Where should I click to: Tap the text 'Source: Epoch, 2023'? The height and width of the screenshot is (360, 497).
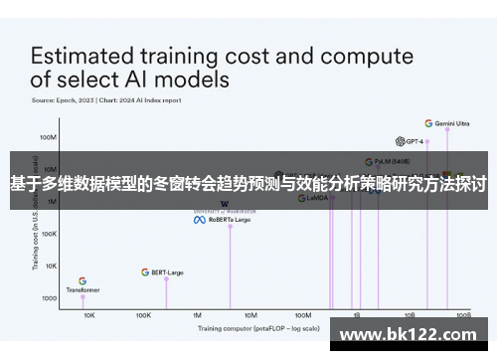click(62, 100)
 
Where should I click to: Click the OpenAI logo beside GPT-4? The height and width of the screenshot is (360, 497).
click(398, 141)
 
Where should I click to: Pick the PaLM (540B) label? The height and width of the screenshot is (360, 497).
click(387, 160)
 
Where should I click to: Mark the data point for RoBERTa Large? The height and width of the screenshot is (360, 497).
click(231, 226)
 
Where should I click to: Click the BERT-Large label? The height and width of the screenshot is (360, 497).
click(168, 271)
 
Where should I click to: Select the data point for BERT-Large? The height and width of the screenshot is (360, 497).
click(166, 278)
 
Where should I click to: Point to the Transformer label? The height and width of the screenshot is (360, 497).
click(83, 290)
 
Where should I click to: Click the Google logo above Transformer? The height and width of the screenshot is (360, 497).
click(83, 281)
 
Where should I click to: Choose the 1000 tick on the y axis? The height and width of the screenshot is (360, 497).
click(48, 298)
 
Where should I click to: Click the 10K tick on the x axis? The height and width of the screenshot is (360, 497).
click(89, 314)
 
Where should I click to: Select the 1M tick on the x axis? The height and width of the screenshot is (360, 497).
click(197, 314)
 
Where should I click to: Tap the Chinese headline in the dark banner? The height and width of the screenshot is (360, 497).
click(248, 183)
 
